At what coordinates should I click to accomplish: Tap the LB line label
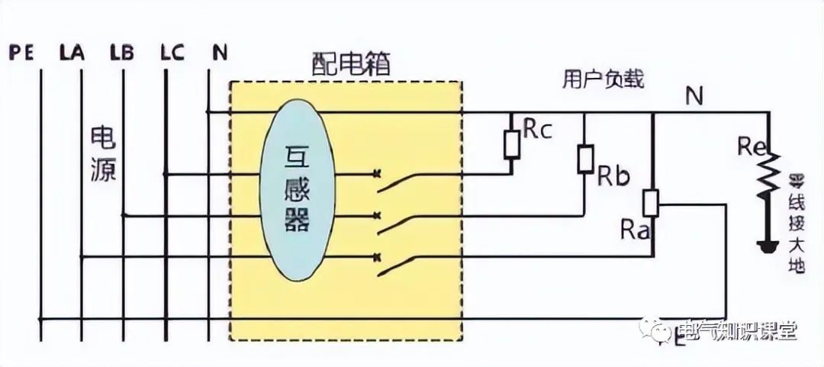[121, 54]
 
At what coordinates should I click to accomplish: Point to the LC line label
[172, 54]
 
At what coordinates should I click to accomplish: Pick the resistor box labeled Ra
[651, 204]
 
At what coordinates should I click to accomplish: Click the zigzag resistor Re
[768, 174]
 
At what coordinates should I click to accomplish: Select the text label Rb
[613, 177]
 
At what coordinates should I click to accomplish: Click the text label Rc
[537, 130]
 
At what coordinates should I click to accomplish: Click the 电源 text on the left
[103, 154]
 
